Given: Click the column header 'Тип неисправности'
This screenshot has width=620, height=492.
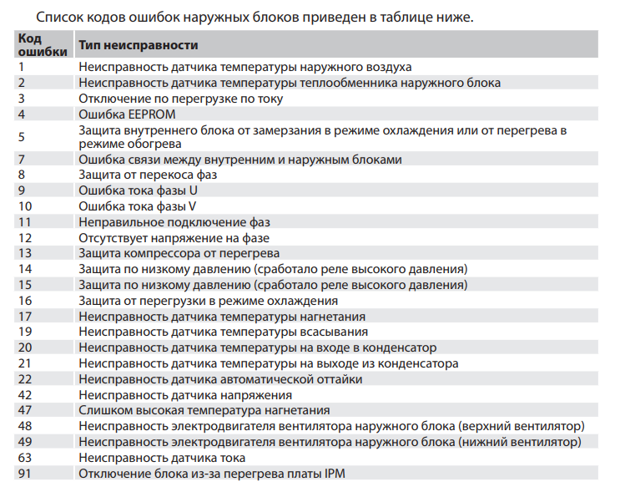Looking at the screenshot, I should point(138,45).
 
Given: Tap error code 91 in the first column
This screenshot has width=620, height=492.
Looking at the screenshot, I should point(25,474).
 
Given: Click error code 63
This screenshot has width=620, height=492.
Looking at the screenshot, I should point(25,458).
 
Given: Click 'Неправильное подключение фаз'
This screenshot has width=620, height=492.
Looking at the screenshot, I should point(174,222).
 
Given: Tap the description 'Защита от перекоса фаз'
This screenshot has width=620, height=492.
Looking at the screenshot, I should point(148,175).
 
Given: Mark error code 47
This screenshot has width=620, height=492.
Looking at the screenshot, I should point(25,410).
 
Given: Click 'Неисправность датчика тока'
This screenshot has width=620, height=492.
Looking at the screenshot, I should point(162,458).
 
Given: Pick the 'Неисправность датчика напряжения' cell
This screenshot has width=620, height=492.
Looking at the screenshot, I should point(185,395).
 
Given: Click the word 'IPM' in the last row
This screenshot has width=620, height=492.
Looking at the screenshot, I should point(333,474).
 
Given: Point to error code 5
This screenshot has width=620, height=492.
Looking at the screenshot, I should point(22,137).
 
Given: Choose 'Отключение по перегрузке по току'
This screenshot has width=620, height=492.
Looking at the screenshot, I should point(180,98).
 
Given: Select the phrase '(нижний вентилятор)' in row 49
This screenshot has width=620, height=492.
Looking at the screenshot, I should point(518,442).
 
